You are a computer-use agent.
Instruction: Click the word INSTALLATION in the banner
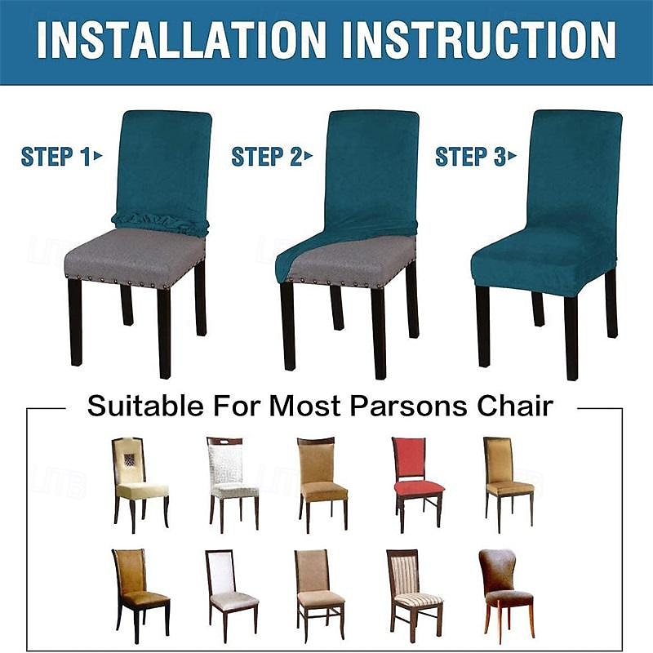click(x=181, y=40)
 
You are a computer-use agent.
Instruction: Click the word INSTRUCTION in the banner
click(x=479, y=40)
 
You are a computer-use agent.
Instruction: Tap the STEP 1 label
click(x=61, y=157)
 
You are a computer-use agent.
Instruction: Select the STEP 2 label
click(x=272, y=157)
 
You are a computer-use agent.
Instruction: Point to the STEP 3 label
click(x=476, y=157)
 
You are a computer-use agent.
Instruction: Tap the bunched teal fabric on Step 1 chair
click(x=159, y=223)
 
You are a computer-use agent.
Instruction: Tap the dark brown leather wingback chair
click(x=506, y=596)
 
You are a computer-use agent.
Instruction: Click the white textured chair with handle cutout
click(x=233, y=484)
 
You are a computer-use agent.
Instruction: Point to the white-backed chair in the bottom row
click(x=232, y=597)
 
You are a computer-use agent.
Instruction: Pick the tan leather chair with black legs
click(x=140, y=597)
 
